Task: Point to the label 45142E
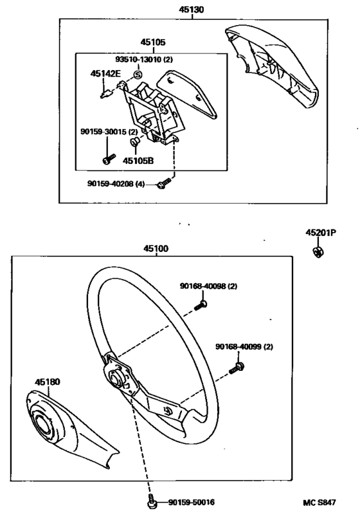coord(105,74)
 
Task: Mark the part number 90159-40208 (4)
coord(119,184)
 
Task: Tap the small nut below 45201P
coord(319,251)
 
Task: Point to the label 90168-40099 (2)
coord(244,347)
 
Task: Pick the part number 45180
coord(48,382)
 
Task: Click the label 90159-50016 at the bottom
coord(192,502)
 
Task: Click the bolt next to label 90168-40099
coord(239,367)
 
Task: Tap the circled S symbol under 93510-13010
coord(137,75)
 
